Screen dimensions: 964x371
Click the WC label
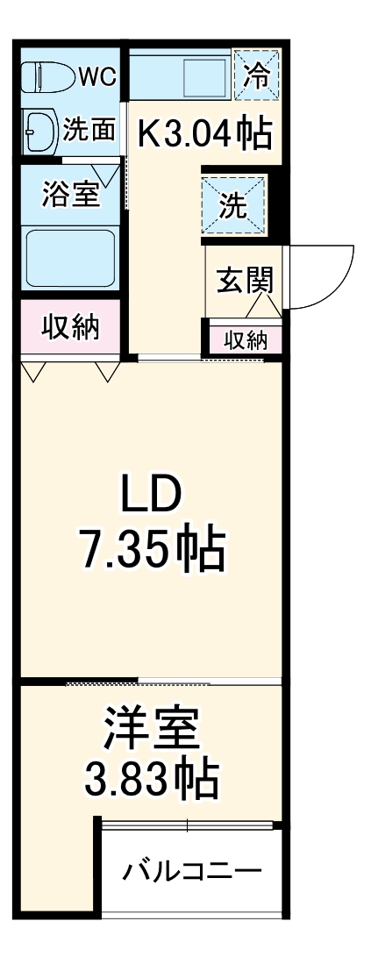point(96,77)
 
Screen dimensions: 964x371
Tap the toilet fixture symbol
point(48,77)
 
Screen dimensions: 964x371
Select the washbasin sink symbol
point(39,130)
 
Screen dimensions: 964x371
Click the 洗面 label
point(89,131)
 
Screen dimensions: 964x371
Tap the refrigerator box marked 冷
point(258,75)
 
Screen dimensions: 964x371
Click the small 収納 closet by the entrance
point(245,339)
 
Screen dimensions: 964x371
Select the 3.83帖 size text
point(151,777)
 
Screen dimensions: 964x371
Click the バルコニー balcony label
point(191,872)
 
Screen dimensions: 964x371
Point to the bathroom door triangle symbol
point(111,174)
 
